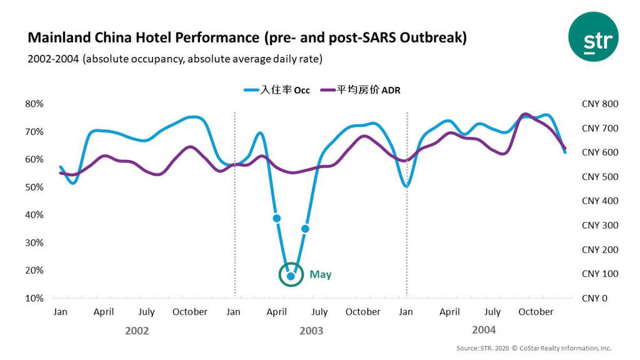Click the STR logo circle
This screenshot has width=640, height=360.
tap(592, 36)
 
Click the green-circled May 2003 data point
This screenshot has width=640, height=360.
tap(291, 275)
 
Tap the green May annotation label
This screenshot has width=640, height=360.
tap(320, 275)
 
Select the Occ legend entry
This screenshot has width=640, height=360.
tap(277, 91)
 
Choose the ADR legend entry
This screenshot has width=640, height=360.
tap(361, 91)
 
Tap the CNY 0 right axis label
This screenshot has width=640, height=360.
tap(594, 298)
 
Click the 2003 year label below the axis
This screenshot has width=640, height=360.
tap(311, 331)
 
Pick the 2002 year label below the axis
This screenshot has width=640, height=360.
tap(137, 331)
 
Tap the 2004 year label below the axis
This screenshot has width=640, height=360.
tap(484, 329)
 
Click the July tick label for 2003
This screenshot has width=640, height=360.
tap(320, 312)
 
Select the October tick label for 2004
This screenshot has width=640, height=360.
tap(536, 312)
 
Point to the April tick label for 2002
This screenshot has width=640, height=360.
tap(104, 312)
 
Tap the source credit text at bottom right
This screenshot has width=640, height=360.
tap(533, 348)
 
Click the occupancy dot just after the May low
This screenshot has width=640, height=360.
tap(305, 229)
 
